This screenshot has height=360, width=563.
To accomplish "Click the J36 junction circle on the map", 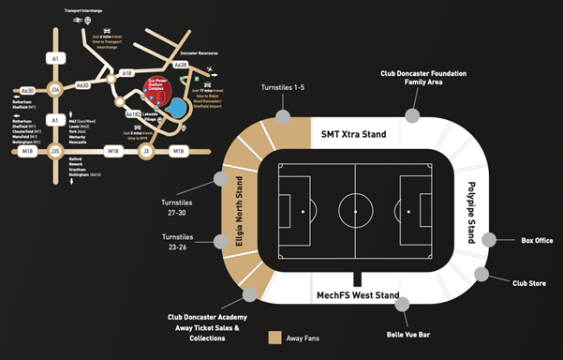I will click(x=55, y=90).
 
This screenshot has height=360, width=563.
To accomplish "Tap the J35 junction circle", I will click(x=55, y=150).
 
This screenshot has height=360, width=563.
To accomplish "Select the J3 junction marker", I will click(x=146, y=150).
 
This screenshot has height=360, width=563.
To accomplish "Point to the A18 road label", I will click(x=127, y=71).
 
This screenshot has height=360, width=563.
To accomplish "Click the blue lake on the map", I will click(x=175, y=109).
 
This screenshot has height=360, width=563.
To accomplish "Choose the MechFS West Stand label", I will click(x=357, y=296).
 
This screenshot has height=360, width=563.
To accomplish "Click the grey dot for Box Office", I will click(x=489, y=240).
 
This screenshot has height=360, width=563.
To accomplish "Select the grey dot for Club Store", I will click(x=482, y=274).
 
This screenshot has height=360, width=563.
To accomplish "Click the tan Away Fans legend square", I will click(x=275, y=337).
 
